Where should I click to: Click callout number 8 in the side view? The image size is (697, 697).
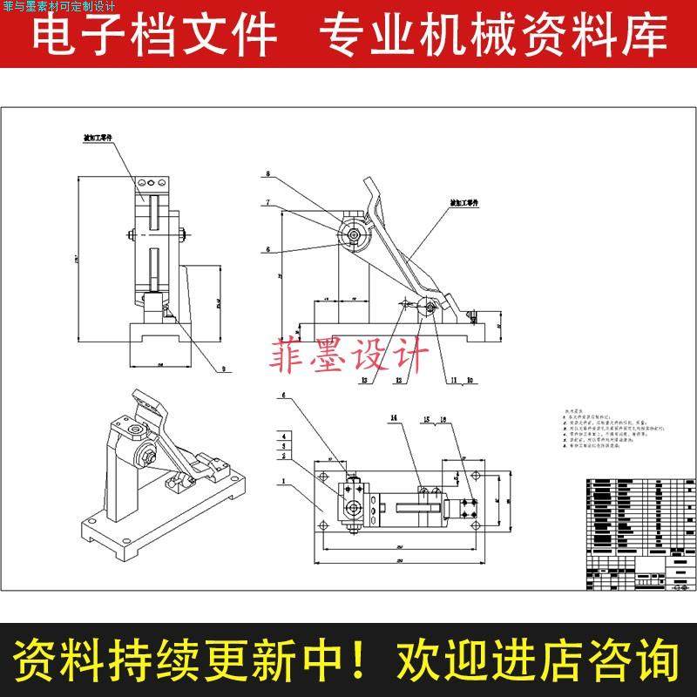click(x=268, y=174)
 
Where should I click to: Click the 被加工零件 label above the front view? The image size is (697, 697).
click(x=98, y=138)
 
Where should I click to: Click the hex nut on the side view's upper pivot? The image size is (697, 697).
click(x=354, y=233)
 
